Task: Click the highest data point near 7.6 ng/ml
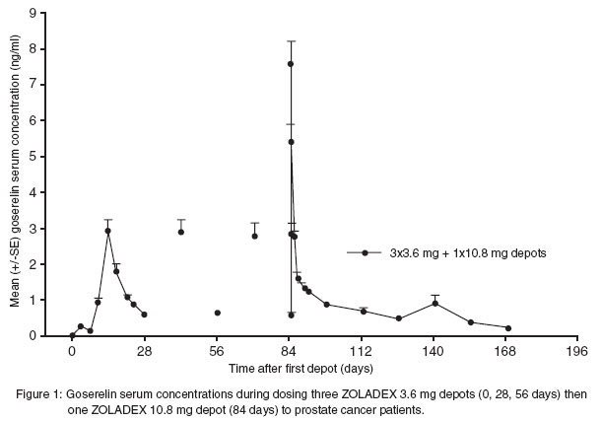[291, 64]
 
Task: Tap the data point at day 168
[507, 328]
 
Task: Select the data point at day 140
[434, 303]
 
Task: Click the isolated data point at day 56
[217, 313]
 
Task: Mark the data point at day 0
[72, 335]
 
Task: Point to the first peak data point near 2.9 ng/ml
[107, 231]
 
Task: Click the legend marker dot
[365, 252]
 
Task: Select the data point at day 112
[363, 311]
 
